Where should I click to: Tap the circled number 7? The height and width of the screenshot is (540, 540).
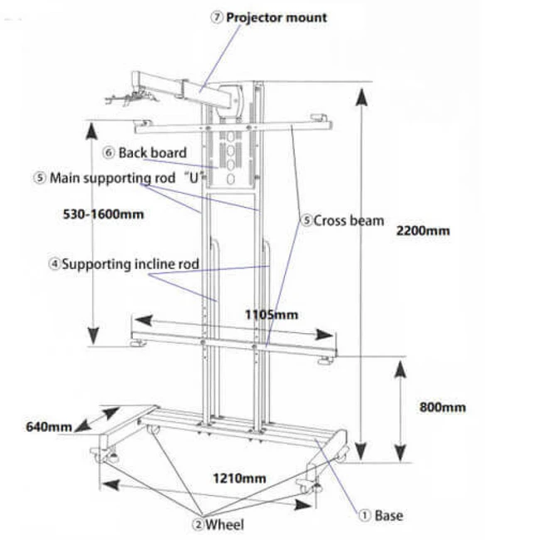(x=218, y=17)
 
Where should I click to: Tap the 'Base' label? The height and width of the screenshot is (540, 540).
(x=388, y=515)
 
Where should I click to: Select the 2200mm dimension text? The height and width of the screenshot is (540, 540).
(x=425, y=230)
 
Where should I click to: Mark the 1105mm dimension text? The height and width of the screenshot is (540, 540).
(x=271, y=315)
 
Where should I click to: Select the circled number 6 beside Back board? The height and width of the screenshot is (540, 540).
(x=109, y=153)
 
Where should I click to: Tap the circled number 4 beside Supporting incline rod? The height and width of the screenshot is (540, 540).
(x=54, y=265)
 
